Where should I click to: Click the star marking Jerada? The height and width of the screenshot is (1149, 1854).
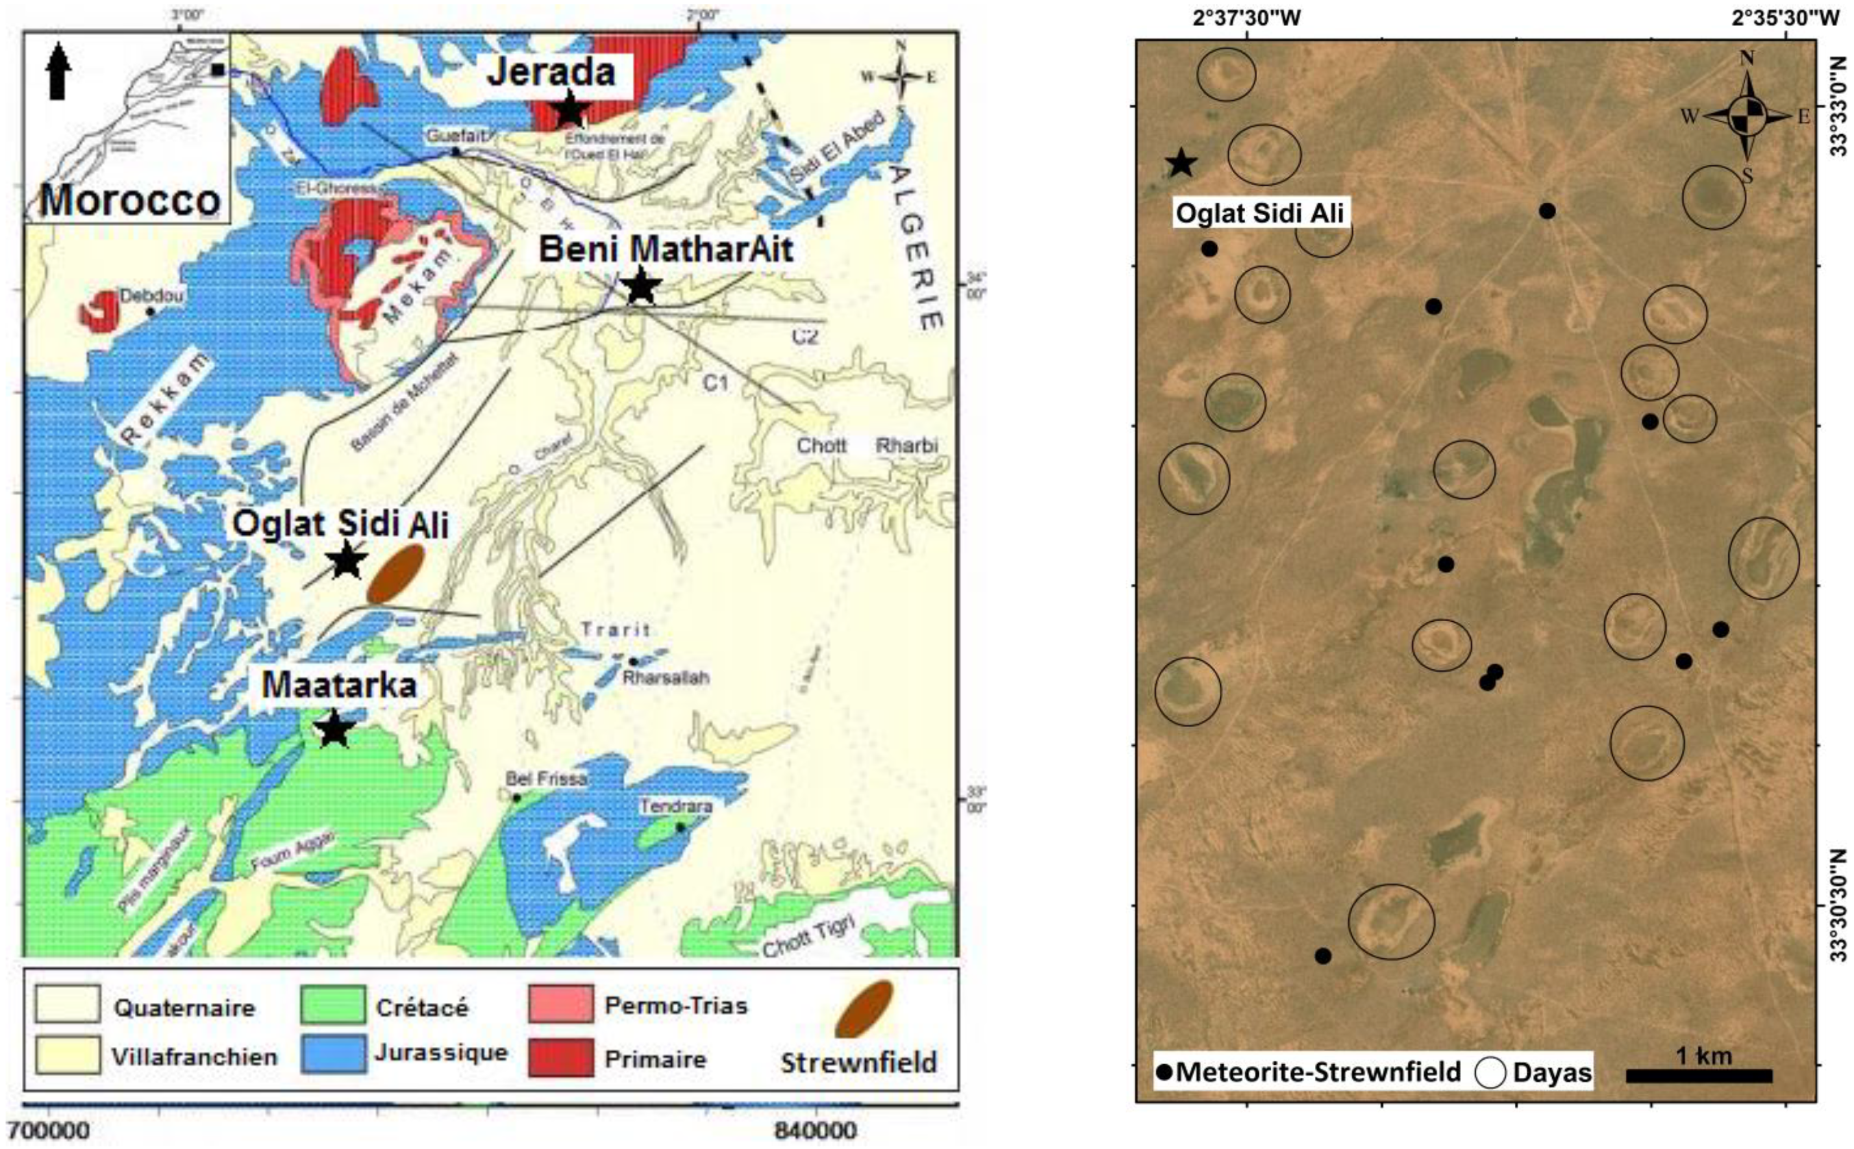(569, 110)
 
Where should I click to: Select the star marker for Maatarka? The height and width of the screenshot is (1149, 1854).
(334, 729)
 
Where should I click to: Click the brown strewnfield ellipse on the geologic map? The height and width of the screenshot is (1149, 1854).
(395, 574)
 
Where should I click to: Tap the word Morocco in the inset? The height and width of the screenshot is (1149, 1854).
(130, 200)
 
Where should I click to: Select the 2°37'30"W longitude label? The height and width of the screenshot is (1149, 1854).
(1246, 17)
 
